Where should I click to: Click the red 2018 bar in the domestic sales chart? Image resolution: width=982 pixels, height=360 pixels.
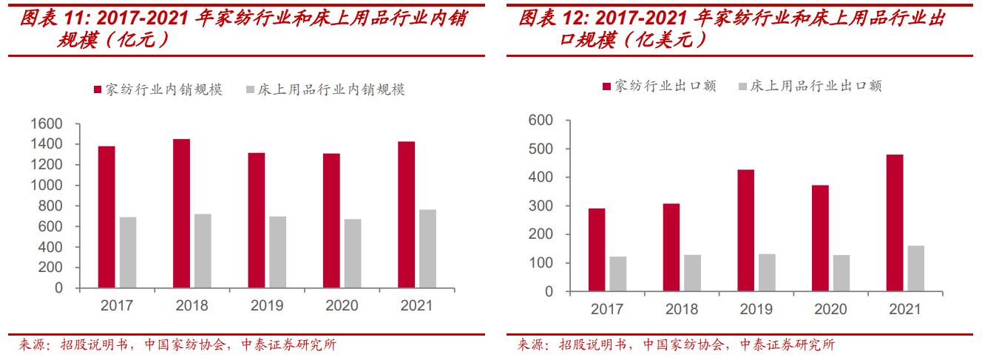pos(181,214)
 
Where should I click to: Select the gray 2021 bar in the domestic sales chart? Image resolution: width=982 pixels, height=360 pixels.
pos(427,249)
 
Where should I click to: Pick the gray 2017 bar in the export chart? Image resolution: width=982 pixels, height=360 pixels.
pos(617,274)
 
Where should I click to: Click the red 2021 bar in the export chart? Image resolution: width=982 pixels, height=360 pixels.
pos(895,223)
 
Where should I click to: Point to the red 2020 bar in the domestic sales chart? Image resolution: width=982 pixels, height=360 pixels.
pos(331,221)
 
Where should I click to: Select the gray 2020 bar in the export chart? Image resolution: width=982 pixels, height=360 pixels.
pos(842,274)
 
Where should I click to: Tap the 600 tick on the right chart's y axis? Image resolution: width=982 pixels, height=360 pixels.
pos(541,120)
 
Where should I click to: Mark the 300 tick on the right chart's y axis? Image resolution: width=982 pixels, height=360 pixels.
pos(541,206)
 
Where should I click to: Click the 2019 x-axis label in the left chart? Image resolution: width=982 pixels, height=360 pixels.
pos(267,305)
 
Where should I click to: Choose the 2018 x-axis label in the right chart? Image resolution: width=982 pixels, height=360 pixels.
pos(682,309)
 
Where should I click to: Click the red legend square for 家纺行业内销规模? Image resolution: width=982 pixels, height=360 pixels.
pos(97,89)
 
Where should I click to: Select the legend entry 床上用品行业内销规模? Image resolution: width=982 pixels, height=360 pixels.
pos(331,89)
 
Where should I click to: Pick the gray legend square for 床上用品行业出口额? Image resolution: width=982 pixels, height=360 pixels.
pos(743,86)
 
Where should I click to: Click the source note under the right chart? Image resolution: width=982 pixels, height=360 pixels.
pos(674,344)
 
